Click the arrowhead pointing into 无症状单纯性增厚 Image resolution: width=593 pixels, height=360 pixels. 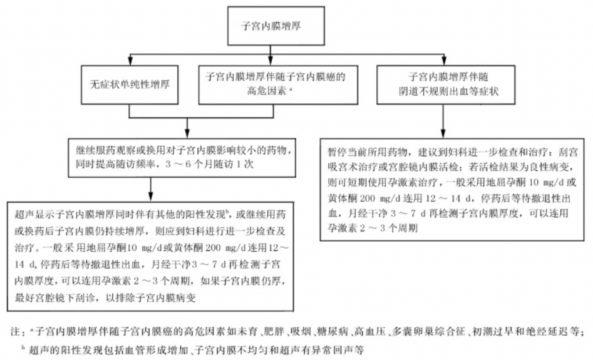[130, 62]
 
